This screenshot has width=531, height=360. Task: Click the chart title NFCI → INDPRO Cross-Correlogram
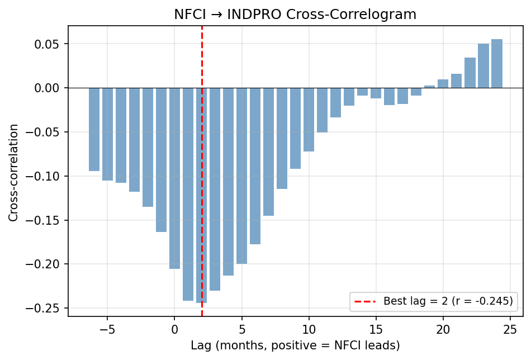pyautogui.click(x=295, y=15)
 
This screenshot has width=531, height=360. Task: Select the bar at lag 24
pyautogui.click(x=497, y=64)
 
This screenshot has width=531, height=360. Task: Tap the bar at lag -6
pyautogui.click(x=94, y=129)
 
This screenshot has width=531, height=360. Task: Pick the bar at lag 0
pyautogui.click(x=174, y=178)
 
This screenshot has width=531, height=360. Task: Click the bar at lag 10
pyautogui.click(x=309, y=120)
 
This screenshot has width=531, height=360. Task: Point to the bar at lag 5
pyautogui.click(x=241, y=176)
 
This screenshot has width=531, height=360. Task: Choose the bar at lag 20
pyautogui.click(x=443, y=84)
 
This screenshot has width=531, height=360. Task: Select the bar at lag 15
pyautogui.click(x=376, y=93)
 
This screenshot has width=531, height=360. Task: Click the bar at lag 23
pyautogui.click(x=483, y=66)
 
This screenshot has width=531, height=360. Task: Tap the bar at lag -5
pyautogui.click(x=107, y=134)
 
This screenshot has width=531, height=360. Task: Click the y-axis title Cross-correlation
pyautogui.click(x=13, y=172)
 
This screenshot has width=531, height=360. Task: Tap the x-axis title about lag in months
pyautogui.click(x=295, y=345)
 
